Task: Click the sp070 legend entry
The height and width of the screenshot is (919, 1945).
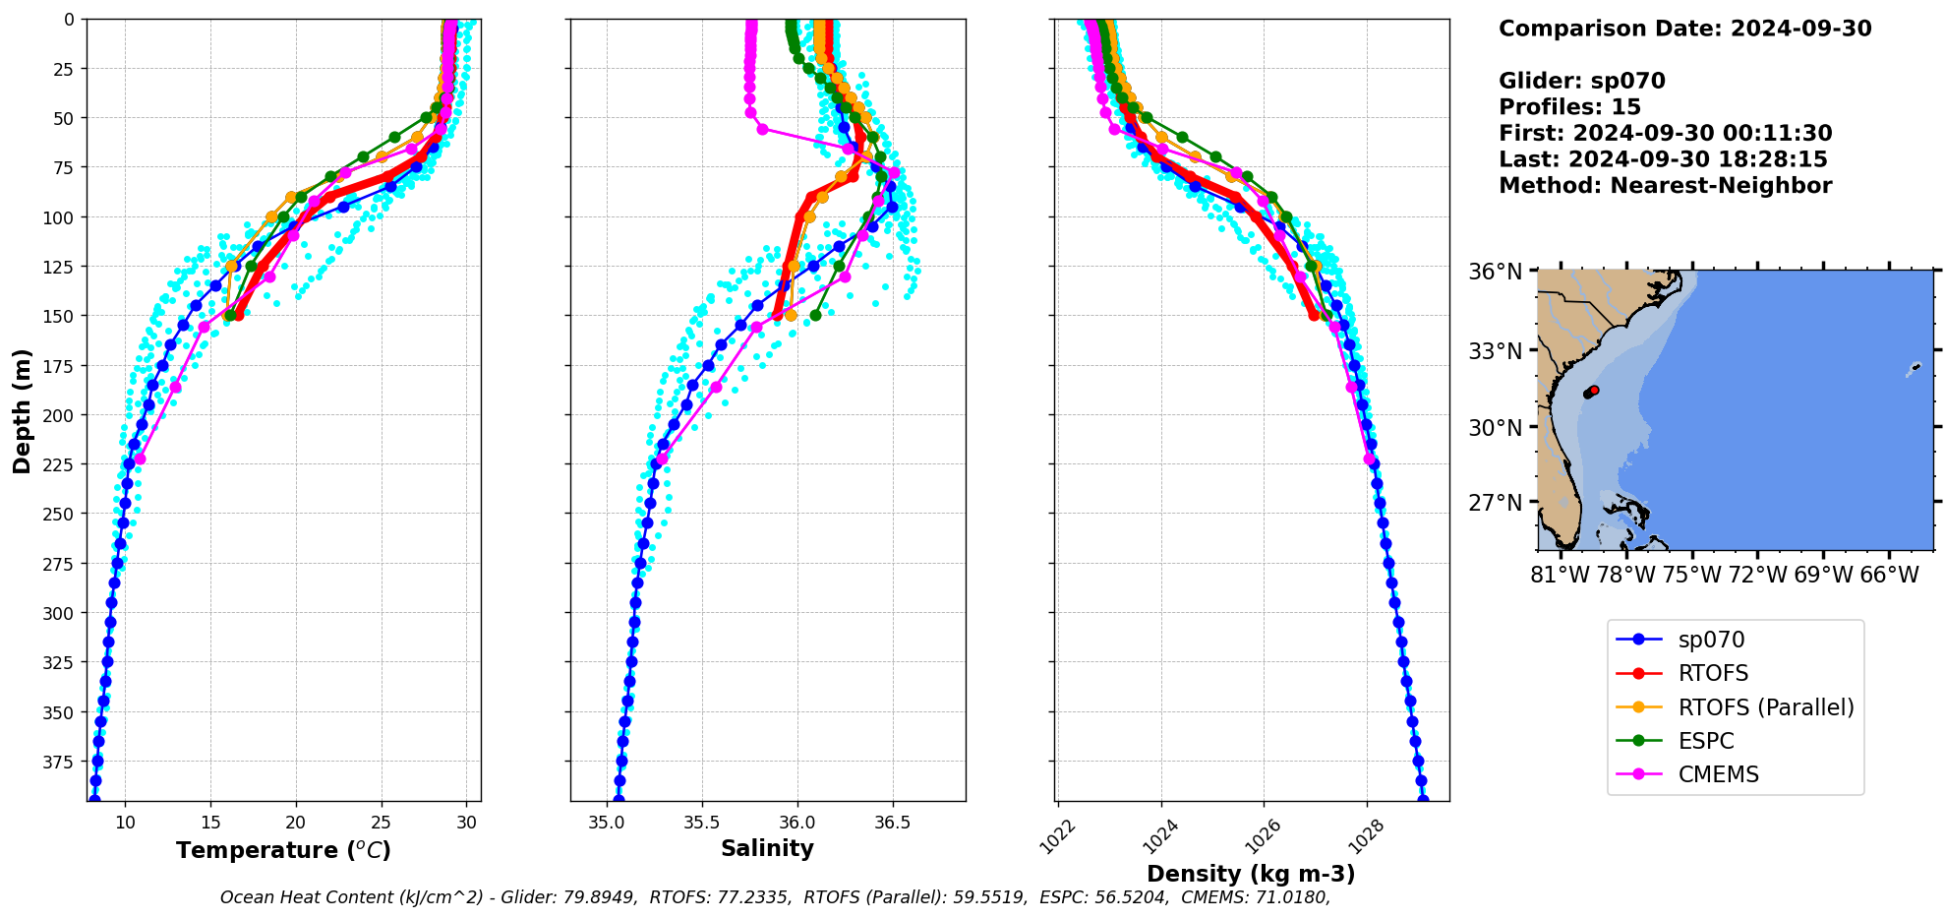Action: click(x=1711, y=640)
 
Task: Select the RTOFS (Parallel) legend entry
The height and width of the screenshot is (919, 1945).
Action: click(x=1765, y=707)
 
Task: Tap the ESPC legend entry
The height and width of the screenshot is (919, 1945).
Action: click(x=1705, y=741)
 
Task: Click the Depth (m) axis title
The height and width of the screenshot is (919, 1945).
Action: click(x=22, y=410)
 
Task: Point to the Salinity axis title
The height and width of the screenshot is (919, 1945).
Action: click(x=767, y=848)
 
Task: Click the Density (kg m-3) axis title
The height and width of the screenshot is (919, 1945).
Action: click(x=1251, y=874)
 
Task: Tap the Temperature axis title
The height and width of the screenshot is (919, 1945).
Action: click(x=283, y=850)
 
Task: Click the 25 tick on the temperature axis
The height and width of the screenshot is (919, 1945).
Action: click(x=382, y=823)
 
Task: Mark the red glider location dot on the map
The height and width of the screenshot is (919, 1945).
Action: click(x=1594, y=391)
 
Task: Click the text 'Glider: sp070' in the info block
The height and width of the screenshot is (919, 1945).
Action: click(x=1581, y=81)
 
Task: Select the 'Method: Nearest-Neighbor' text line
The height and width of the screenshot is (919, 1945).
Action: click(x=1665, y=186)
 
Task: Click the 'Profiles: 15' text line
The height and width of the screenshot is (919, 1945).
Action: click(x=1569, y=107)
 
